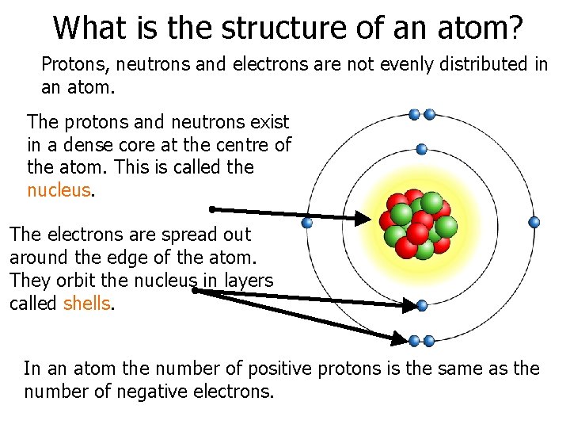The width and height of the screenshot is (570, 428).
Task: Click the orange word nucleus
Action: point(59,190)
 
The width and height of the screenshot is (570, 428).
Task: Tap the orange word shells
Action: point(86,304)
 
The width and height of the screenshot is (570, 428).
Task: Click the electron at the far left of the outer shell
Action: point(307,223)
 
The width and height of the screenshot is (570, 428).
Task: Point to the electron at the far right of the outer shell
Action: point(534,223)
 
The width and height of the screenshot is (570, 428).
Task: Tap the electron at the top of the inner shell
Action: point(421,148)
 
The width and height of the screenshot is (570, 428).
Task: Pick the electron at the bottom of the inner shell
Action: point(421,305)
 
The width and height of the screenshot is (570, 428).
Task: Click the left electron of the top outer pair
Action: point(414,114)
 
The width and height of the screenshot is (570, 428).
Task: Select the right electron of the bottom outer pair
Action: point(429,341)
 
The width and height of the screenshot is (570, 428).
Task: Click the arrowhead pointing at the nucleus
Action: point(363,218)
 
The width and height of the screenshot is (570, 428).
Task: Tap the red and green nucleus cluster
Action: point(418,224)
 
